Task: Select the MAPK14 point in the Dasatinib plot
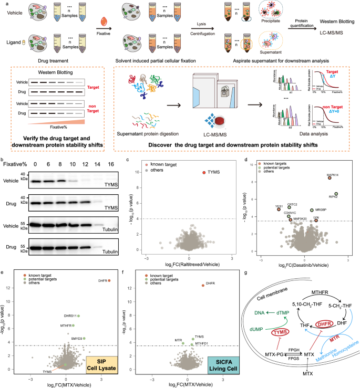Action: point(330,178)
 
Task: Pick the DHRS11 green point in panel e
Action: point(64,316)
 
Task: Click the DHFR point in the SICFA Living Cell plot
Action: point(203,285)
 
